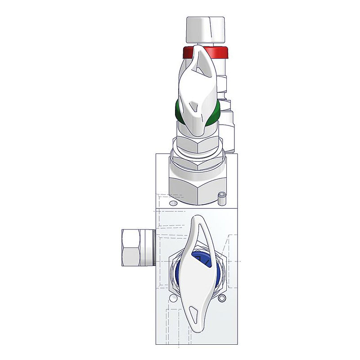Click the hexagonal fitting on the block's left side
click(x=137, y=247)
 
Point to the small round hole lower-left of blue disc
click(x=172, y=298)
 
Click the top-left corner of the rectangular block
click(x=156, y=154)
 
